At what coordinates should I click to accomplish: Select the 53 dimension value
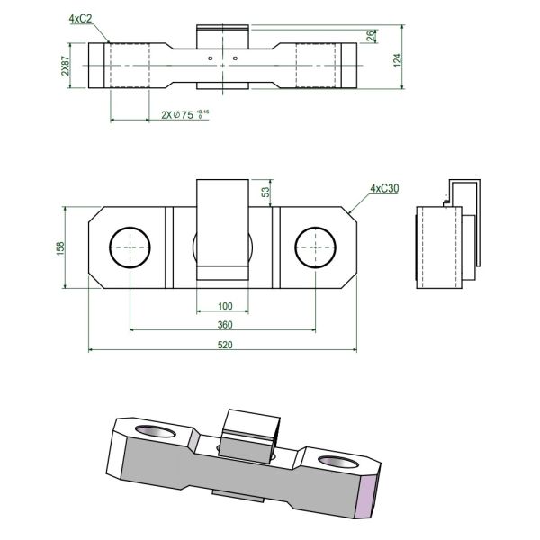coord(265,192)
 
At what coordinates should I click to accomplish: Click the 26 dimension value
coord(372,35)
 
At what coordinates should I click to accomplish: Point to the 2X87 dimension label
coord(66,67)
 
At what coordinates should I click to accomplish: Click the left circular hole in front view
coord(130,247)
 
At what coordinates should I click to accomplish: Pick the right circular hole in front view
coord(314,247)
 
